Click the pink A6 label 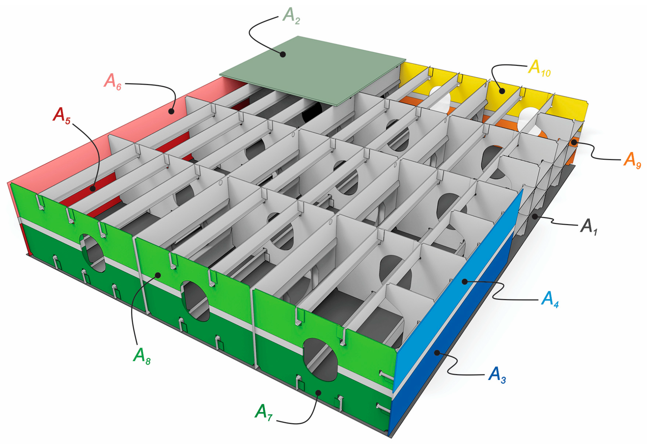pyautogui.click(x=113, y=82)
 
